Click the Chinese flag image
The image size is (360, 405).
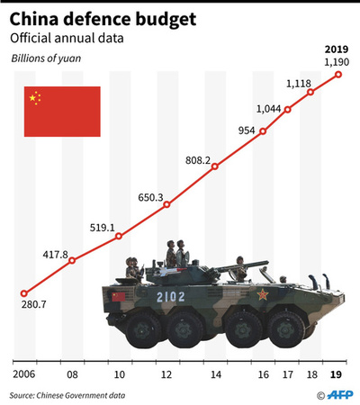tap(60, 112)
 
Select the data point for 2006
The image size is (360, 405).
tap(24, 292)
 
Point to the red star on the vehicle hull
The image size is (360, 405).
tap(264, 293)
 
